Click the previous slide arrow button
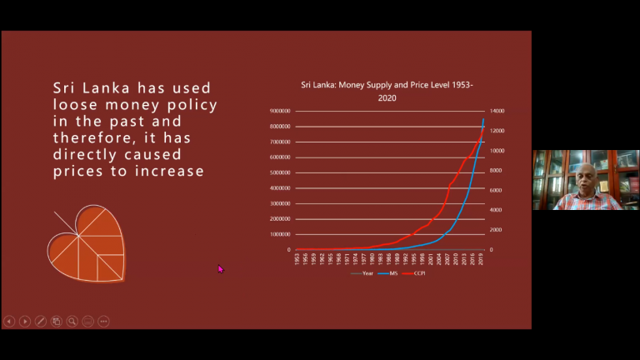pos(9,321)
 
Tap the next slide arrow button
pos(25,321)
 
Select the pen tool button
pos(41,321)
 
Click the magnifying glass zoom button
pos(72,321)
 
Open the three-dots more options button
pos(103,321)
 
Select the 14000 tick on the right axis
pos(496,111)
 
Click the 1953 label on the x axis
pos(297,258)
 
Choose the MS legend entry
pos(388,272)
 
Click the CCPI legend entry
pos(412,272)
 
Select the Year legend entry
pos(364,272)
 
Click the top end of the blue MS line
pos(483,120)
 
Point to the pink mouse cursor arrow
pos(221,268)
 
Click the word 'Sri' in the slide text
pos(64,87)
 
